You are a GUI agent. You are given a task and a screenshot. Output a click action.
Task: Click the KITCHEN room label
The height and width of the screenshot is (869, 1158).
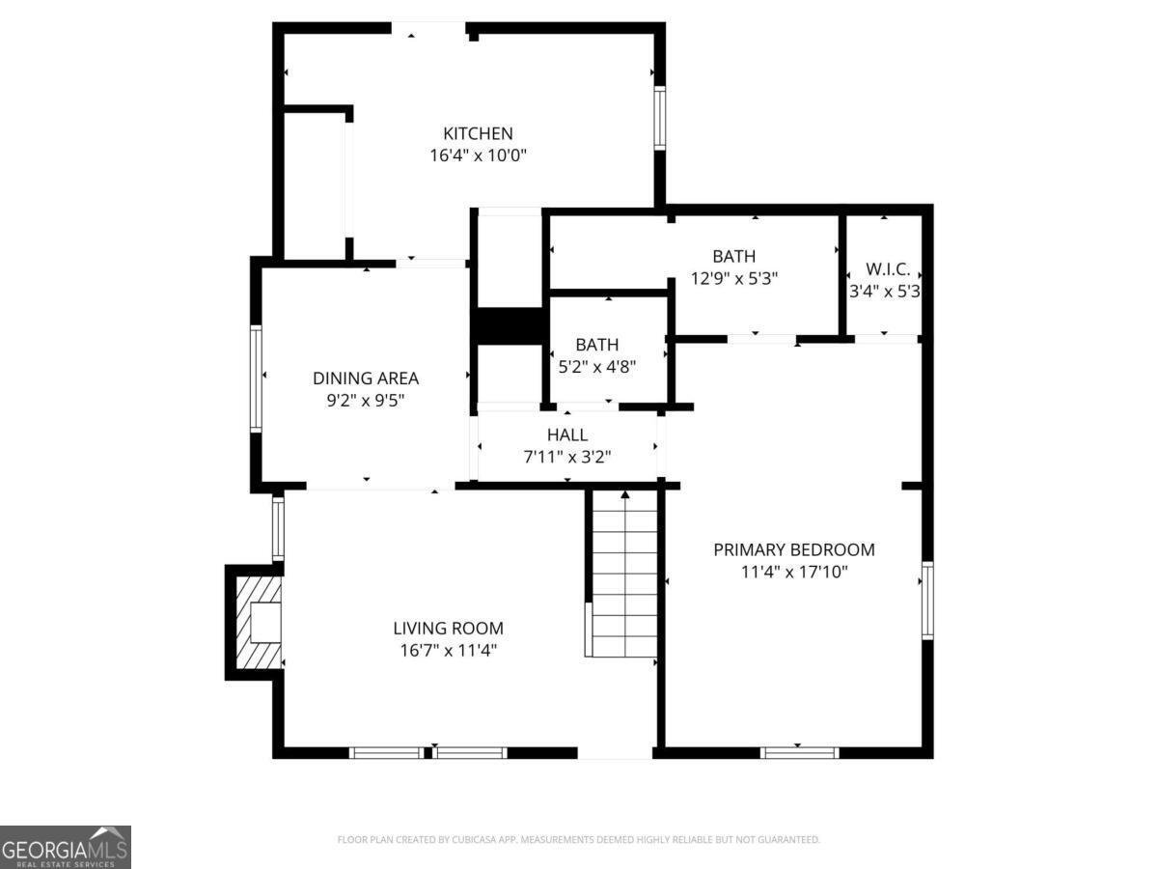click(x=478, y=133)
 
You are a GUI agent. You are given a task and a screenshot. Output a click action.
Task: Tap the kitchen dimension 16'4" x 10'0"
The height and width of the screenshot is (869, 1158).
click(x=478, y=155)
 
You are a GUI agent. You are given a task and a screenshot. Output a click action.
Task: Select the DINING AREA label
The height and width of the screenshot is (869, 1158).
click(x=366, y=378)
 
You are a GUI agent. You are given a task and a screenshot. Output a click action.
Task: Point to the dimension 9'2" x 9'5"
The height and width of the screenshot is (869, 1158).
click(x=366, y=401)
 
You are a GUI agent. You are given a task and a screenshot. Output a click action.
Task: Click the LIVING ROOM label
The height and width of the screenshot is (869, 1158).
click(x=448, y=628)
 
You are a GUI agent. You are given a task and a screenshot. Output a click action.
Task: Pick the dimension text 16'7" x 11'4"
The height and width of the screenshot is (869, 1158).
click(x=448, y=651)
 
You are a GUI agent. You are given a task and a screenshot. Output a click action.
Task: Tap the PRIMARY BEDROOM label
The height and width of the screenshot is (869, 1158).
click(x=794, y=549)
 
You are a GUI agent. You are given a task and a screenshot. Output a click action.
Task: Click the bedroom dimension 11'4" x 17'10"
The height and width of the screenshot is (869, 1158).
click(x=794, y=572)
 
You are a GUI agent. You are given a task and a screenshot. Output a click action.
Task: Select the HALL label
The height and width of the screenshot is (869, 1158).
click(x=567, y=434)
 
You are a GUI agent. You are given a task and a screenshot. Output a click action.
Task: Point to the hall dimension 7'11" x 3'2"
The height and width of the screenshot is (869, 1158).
click(x=567, y=457)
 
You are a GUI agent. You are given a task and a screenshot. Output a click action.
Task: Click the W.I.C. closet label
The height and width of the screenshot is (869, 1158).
click(x=888, y=269)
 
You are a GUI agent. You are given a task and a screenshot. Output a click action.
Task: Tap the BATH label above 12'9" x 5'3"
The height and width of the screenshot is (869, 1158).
click(x=733, y=257)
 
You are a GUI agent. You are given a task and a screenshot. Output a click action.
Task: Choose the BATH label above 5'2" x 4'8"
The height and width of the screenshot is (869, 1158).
click(x=596, y=345)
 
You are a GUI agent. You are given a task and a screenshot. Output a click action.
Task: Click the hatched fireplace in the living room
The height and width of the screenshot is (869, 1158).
click(x=258, y=623)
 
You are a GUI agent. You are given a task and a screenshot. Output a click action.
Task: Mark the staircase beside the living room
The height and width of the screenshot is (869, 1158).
click(x=624, y=574)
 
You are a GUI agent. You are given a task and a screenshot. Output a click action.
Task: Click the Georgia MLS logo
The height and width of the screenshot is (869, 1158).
click(x=66, y=848)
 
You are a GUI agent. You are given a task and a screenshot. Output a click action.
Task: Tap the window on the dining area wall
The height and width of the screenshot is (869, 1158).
click(x=256, y=378)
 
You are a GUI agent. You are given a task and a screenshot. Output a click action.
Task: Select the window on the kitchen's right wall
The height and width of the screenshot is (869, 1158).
click(x=659, y=118)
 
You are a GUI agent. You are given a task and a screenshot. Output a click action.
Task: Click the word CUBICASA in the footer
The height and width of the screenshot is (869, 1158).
click(x=474, y=839)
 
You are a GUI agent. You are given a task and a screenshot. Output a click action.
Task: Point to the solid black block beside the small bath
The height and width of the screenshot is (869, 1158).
click(x=510, y=326)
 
